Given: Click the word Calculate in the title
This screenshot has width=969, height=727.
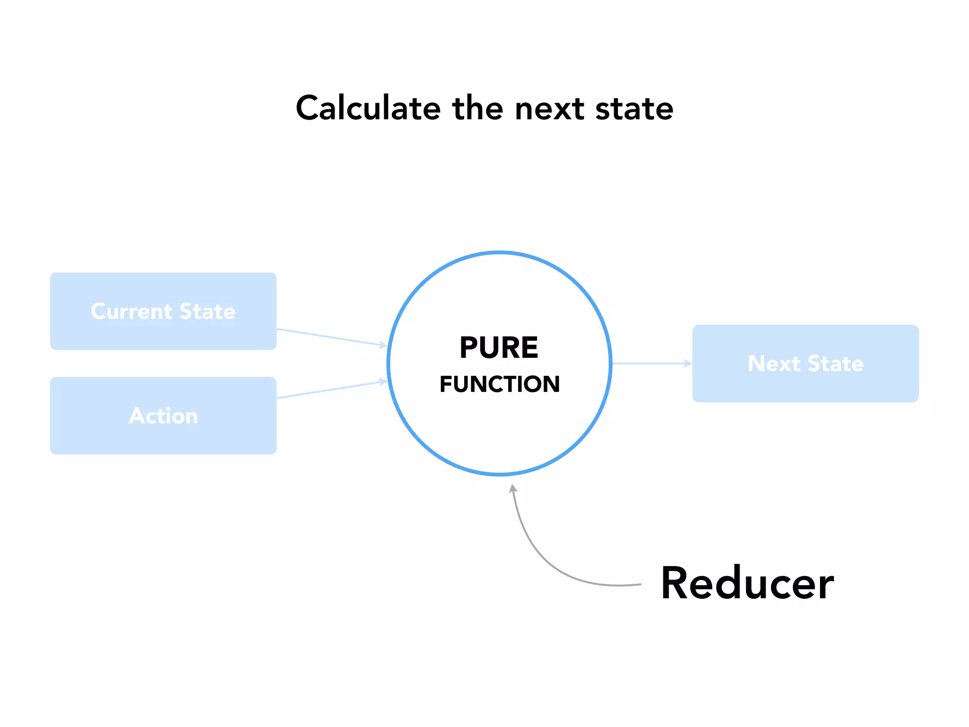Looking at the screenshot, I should pyautogui.click(x=369, y=108).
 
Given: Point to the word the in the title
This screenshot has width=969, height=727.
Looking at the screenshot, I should pyautogui.click(x=478, y=108).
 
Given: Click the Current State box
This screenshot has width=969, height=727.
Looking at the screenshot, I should pyautogui.click(x=163, y=311).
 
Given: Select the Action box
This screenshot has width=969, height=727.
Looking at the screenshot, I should pyautogui.click(x=163, y=416).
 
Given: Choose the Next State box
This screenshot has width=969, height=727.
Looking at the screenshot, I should pyautogui.click(x=805, y=363).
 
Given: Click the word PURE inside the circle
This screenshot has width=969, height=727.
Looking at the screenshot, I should pyautogui.click(x=499, y=348).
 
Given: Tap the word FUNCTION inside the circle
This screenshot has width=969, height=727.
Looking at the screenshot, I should pyautogui.click(x=500, y=384).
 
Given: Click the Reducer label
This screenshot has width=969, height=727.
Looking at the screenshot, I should pyautogui.click(x=747, y=583).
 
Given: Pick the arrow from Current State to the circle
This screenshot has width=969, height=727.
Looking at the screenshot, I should pyautogui.click(x=331, y=337).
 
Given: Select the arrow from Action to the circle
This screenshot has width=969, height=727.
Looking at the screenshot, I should pyautogui.click(x=331, y=390).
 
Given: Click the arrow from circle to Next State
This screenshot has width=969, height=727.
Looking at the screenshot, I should pyautogui.click(x=651, y=363).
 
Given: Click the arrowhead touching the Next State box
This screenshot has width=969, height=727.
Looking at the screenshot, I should pyautogui.click(x=688, y=363).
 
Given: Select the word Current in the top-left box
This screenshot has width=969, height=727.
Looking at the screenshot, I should pyautogui.click(x=132, y=311).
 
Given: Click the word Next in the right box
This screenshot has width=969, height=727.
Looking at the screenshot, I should pyautogui.click(x=774, y=363).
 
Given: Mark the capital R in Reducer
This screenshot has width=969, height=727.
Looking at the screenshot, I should pyautogui.click(x=676, y=583).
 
